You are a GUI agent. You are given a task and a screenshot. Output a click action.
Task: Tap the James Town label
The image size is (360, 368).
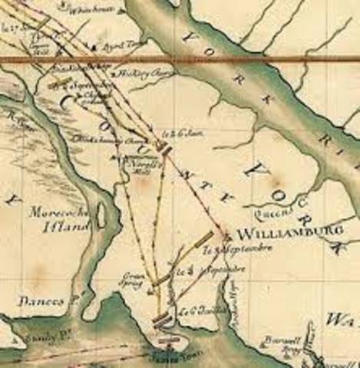(169, 354)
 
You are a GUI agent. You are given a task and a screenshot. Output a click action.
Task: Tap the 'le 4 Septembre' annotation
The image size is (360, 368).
(198, 271)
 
